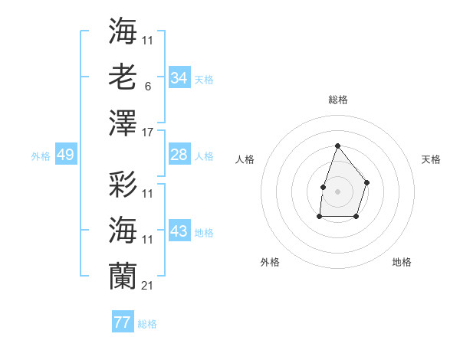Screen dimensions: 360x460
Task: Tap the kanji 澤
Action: pyautogui.click(x=123, y=123)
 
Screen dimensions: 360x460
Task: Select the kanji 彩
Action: pyautogui.click(x=123, y=184)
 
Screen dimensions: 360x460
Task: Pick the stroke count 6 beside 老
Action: pyautogui.click(x=147, y=87)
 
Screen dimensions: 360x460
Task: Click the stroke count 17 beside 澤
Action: pyautogui.click(x=148, y=133)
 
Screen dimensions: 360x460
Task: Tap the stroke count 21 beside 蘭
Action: pyautogui.click(x=148, y=286)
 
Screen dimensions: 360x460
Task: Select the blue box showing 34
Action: pyautogui.click(x=179, y=78)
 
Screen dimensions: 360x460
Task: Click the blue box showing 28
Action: pyautogui.click(x=179, y=155)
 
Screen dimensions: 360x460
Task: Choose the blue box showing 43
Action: pyautogui.click(x=179, y=231)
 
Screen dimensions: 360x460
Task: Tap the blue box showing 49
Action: pyautogui.click(x=65, y=155)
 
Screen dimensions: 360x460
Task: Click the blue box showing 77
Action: pyautogui.click(x=122, y=322)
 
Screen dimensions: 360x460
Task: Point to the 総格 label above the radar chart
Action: pyautogui.click(x=337, y=100)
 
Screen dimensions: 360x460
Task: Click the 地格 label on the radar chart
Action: pyautogui.click(x=402, y=262)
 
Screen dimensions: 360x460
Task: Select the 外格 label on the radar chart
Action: pyautogui.click(x=270, y=262)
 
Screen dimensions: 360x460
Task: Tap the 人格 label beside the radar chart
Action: pyautogui.click(x=245, y=159)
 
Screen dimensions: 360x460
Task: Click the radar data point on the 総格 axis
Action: pyautogui.click(x=337, y=146)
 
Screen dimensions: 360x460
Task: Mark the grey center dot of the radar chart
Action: pyautogui.click(x=337, y=191)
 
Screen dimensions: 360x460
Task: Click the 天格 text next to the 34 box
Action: pyautogui.click(x=204, y=80)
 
